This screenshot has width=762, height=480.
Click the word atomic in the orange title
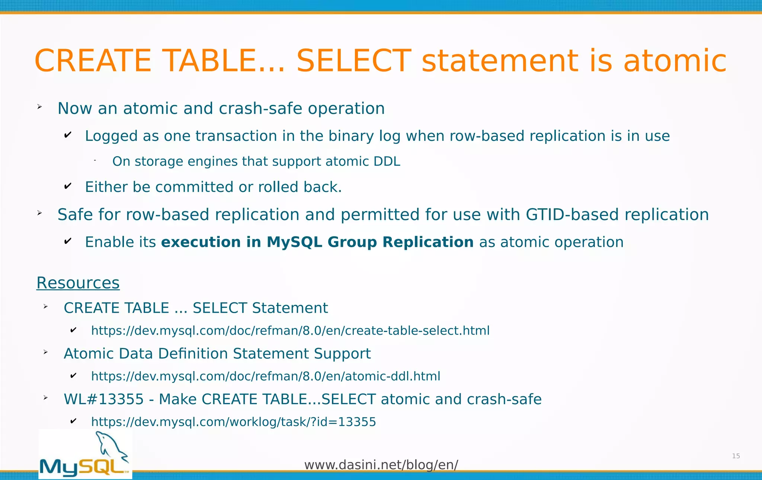click(675, 61)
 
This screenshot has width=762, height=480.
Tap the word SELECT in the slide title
click(353, 61)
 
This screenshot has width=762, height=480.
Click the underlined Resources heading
click(78, 283)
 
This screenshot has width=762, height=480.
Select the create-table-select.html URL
click(290, 331)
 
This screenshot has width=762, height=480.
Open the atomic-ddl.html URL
click(266, 376)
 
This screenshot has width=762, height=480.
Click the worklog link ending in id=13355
click(233, 422)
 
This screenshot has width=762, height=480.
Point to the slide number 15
click(736, 456)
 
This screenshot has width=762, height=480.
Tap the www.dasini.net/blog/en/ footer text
click(381, 465)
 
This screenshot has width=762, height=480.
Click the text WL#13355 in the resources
click(103, 399)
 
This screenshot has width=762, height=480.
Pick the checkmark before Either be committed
click(68, 186)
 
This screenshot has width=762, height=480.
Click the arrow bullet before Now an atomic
click(39, 107)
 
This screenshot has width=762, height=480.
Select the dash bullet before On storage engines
click(95, 160)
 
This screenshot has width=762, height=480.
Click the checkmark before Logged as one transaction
click(68, 135)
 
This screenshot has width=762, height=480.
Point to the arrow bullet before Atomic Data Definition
click(45, 352)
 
